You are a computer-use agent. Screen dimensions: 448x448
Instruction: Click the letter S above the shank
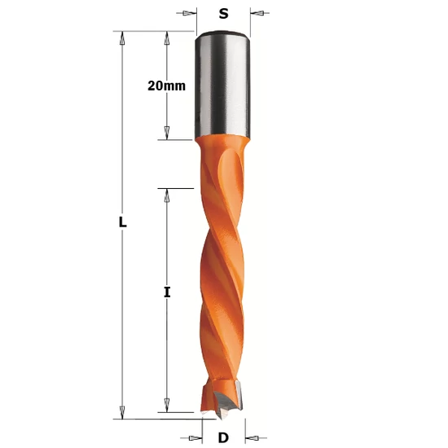[x=222, y=13]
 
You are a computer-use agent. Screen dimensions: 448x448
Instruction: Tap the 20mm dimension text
[x=167, y=86]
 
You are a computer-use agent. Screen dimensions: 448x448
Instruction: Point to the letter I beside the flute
[x=167, y=292]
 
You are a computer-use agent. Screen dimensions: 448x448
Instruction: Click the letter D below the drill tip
[x=222, y=437]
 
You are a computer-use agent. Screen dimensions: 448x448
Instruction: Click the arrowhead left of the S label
[x=188, y=13]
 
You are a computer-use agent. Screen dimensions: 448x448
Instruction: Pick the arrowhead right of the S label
[x=257, y=13]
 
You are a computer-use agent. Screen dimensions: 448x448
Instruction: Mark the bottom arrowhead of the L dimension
[x=122, y=408]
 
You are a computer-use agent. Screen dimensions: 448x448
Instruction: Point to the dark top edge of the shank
[x=222, y=34]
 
